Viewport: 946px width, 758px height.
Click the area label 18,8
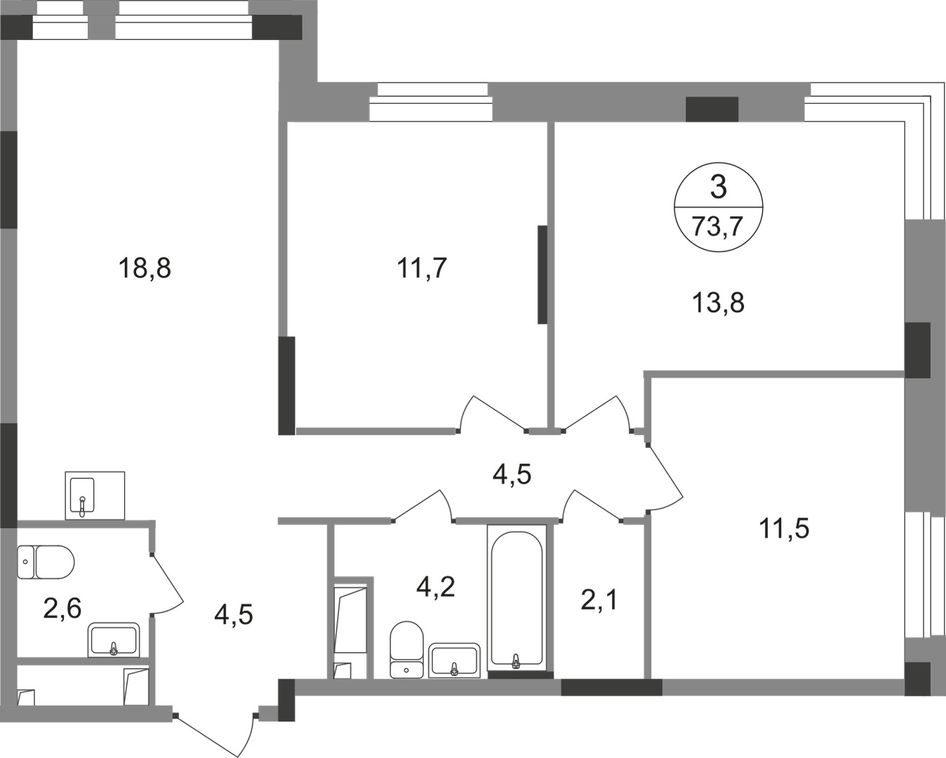pos(144,268)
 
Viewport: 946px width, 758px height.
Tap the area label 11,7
pos(422,268)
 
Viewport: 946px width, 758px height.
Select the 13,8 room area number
pos(719,303)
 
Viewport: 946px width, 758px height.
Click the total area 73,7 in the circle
pos(718,227)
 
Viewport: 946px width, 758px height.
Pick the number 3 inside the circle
pos(719,187)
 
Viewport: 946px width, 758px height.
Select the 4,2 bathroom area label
pos(436,587)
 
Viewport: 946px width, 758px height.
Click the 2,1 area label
pos(599,600)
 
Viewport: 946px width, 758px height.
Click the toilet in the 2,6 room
pos(46,562)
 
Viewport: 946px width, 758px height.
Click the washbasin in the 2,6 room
pos(114,639)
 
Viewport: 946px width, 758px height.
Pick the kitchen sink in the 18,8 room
pos(95,496)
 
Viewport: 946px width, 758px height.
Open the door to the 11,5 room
pos(665,477)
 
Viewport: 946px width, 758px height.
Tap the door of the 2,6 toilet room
pos(167,585)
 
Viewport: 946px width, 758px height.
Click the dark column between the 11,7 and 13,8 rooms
pos(542,275)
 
